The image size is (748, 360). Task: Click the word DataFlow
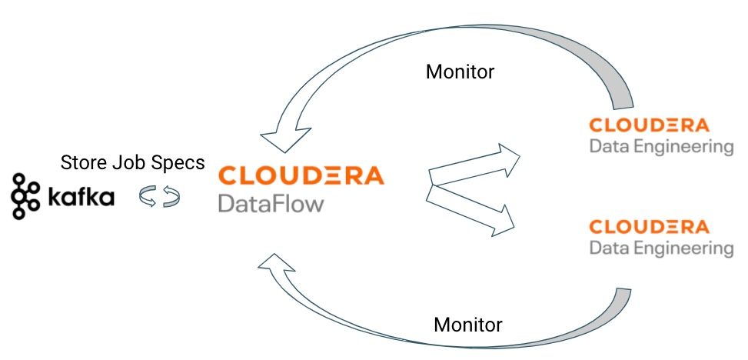pos(271,204)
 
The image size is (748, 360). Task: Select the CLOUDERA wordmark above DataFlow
pos(301,175)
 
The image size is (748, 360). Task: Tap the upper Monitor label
pos(460,72)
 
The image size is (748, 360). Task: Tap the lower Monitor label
pos(468,324)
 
